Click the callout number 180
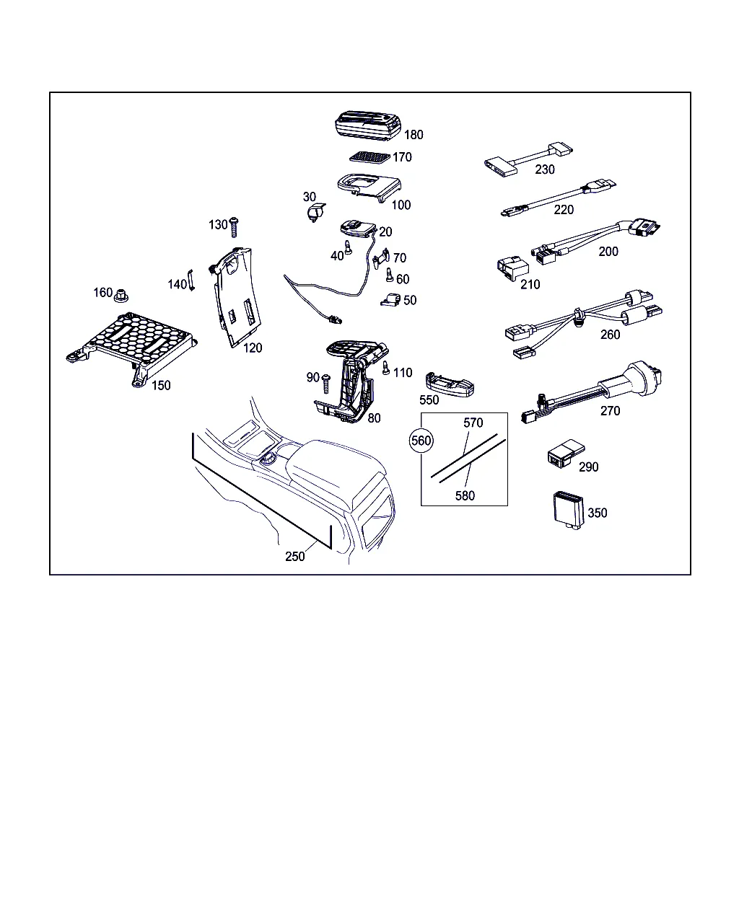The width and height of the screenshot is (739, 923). click(414, 135)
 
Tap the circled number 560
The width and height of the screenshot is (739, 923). click(421, 441)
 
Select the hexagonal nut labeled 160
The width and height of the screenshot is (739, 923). click(121, 296)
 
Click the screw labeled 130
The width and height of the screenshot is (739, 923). click(234, 227)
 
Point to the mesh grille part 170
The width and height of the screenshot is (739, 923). click(369, 157)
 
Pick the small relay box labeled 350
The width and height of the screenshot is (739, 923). click(568, 510)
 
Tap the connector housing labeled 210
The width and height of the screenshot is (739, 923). click(512, 268)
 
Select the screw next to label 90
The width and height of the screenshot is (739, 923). click(325, 384)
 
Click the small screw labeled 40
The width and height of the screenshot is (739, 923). click(348, 247)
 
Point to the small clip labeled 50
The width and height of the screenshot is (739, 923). click(390, 299)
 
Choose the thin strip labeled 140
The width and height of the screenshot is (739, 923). click(191, 280)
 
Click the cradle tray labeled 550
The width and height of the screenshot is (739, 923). click(450, 384)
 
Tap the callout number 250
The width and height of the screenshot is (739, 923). click(295, 556)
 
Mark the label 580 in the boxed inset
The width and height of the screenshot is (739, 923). click(465, 496)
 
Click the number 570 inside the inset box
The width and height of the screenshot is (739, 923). click(473, 423)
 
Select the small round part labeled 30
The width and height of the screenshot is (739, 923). click(317, 212)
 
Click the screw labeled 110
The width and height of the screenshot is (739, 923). click(385, 368)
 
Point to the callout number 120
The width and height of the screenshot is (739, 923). click(253, 348)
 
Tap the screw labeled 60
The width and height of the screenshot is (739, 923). click(390, 275)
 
